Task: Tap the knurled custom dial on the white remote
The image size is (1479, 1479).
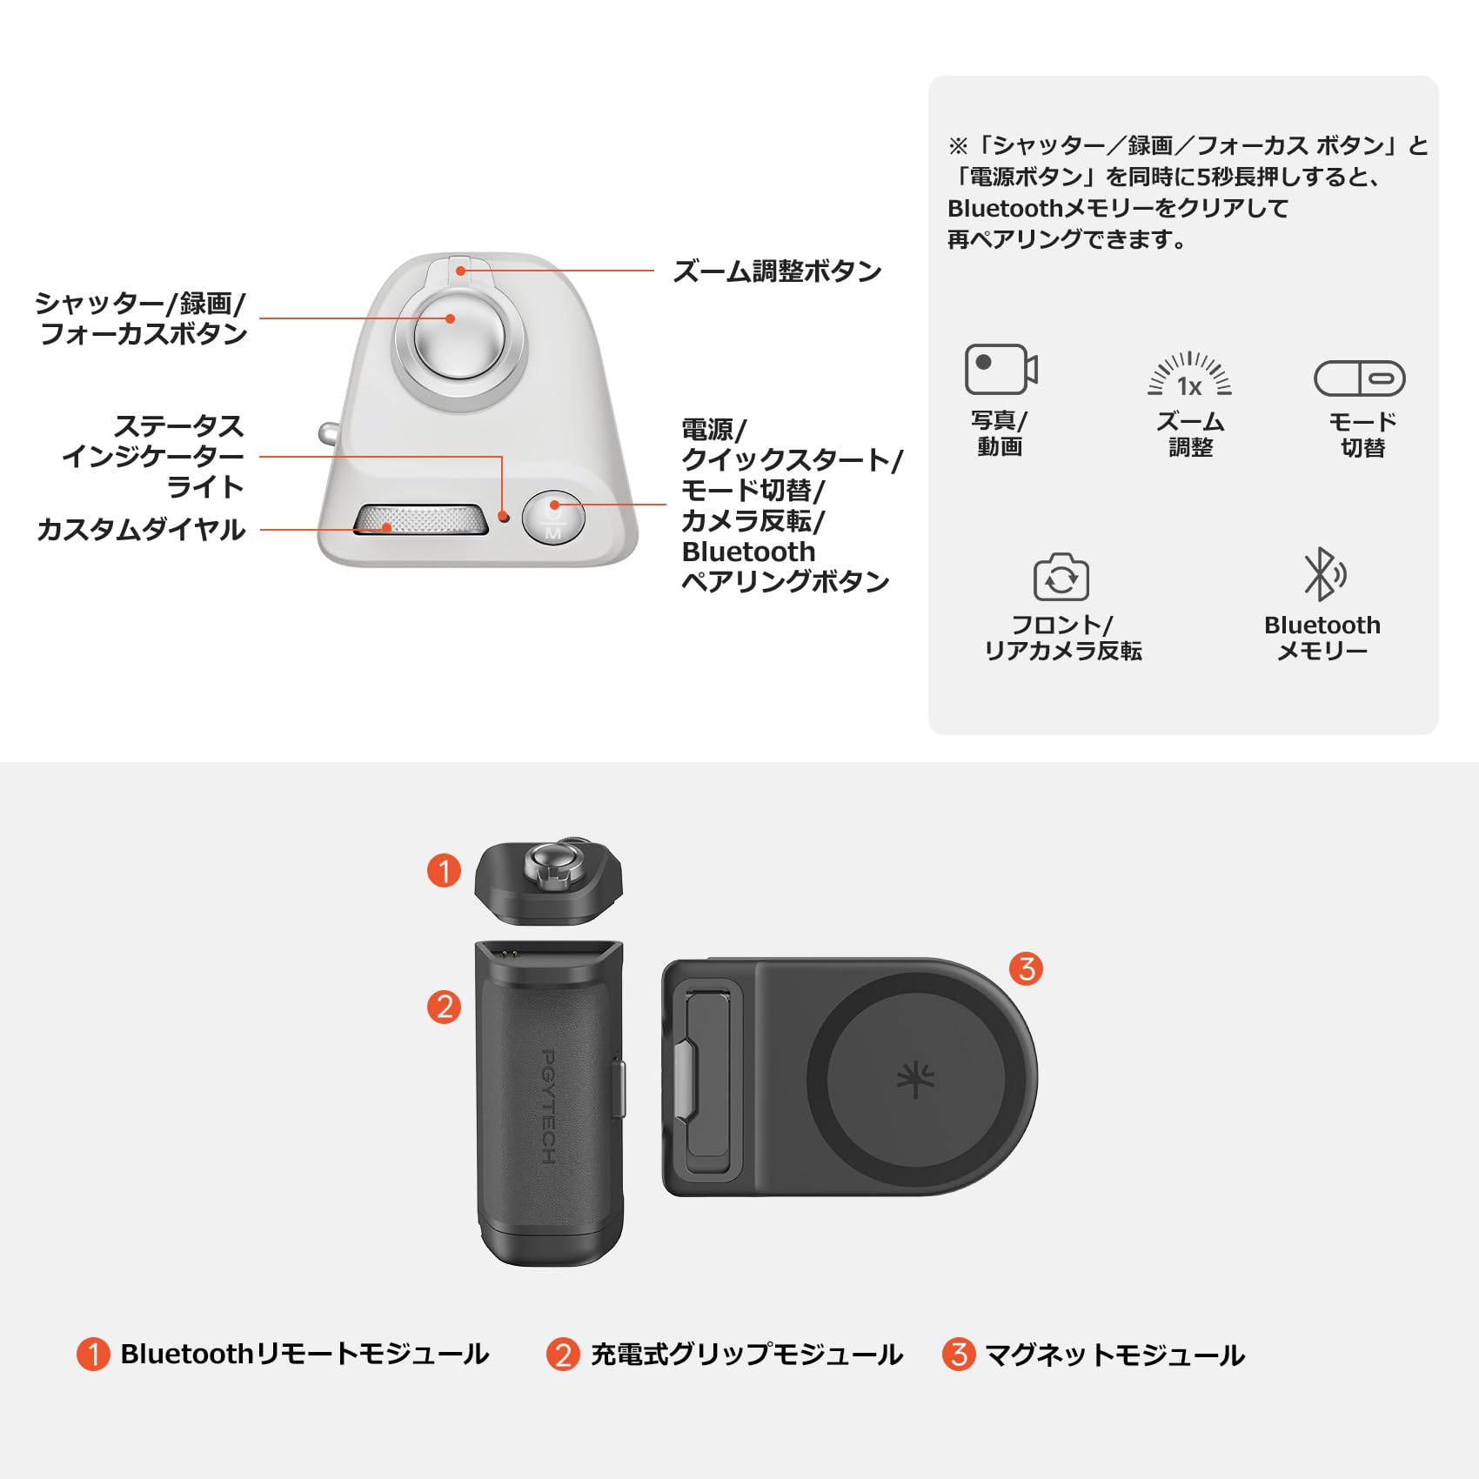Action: (420, 519)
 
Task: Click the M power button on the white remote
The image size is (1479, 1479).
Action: (553, 518)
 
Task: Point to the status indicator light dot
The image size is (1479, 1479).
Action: (503, 517)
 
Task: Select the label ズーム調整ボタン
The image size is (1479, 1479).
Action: (777, 271)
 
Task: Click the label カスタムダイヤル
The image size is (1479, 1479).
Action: (141, 530)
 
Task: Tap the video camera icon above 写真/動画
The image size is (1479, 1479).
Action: (1000, 370)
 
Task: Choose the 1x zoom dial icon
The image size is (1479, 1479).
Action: (1189, 377)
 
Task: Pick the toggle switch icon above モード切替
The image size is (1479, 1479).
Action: (1359, 378)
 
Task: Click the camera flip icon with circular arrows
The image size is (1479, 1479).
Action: (1061, 577)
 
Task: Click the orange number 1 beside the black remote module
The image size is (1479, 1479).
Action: (444, 870)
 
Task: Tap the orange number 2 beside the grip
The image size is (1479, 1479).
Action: (444, 1007)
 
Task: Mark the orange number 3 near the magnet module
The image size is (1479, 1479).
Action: (1026, 968)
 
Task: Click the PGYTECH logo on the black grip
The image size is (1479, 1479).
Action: (548, 1106)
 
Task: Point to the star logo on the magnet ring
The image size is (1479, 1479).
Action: (915, 1080)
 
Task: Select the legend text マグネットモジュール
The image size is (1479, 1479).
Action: (1114, 1355)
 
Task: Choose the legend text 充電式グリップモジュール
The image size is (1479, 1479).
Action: (746, 1355)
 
